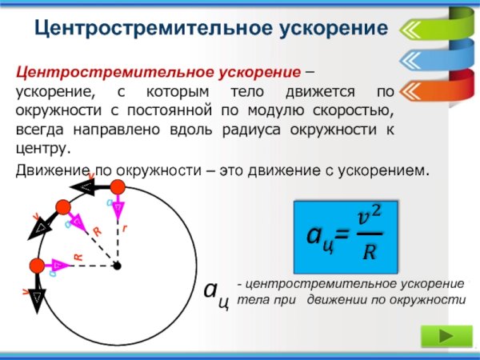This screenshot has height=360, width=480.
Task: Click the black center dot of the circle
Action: click(x=117, y=266)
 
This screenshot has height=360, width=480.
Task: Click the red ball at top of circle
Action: click(x=118, y=187)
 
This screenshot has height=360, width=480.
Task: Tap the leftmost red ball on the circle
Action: click(x=36, y=266)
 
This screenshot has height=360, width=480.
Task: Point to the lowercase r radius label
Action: click(x=125, y=228)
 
